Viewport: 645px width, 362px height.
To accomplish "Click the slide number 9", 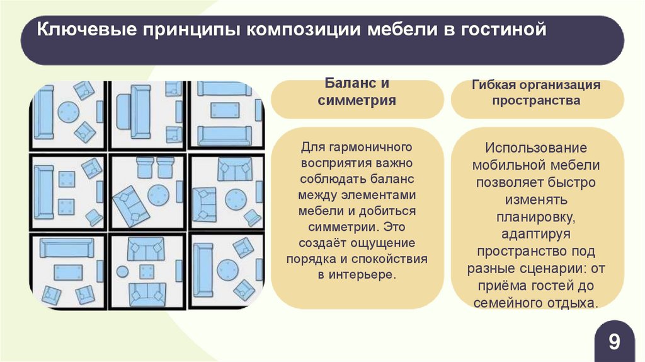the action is click(x=614, y=342).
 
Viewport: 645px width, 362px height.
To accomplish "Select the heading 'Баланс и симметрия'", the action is click(x=357, y=92).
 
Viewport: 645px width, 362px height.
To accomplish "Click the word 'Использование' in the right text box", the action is click(x=536, y=148).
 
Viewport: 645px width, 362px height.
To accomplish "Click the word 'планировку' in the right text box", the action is click(x=536, y=218).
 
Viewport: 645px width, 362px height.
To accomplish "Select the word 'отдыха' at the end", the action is click(x=572, y=303).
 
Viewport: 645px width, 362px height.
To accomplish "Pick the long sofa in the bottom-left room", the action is click(x=67, y=248).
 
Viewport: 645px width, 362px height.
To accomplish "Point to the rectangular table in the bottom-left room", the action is click(x=67, y=272).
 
